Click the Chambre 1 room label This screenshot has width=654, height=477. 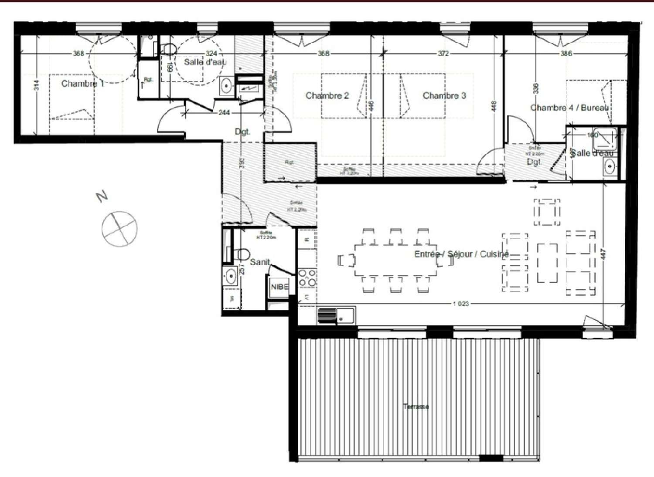coord(82,84)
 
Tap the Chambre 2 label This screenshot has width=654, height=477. coord(327,96)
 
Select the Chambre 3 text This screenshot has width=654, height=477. coord(444,96)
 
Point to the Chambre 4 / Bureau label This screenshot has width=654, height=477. coord(569,108)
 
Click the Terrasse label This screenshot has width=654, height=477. coord(416,406)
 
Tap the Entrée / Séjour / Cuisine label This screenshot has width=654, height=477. coord(461,254)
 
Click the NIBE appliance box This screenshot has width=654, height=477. coord(279,287)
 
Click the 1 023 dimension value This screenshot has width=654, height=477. coord(460,304)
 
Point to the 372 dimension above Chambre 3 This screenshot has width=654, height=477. coord(443,54)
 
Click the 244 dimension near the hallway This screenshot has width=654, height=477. coord(224,112)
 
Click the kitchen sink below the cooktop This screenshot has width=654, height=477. coord(337,315)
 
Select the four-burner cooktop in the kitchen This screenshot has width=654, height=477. coord(307,278)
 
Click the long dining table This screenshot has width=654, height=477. coord(396,260)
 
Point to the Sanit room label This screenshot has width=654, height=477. coord(260,262)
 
